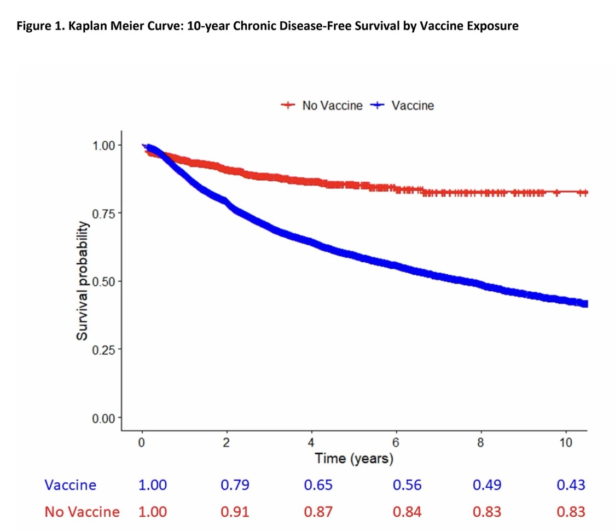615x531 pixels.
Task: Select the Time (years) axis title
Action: tap(354, 458)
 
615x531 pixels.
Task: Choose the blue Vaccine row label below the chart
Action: tap(71, 485)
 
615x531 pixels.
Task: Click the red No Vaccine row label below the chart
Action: tap(82, 512)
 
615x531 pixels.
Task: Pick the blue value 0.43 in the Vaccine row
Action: tap(571, 485)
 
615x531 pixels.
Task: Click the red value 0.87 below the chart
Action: tap(318, 512)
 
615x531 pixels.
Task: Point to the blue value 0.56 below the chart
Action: tap(407, 485)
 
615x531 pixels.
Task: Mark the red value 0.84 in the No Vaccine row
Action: tap(407, 512)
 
